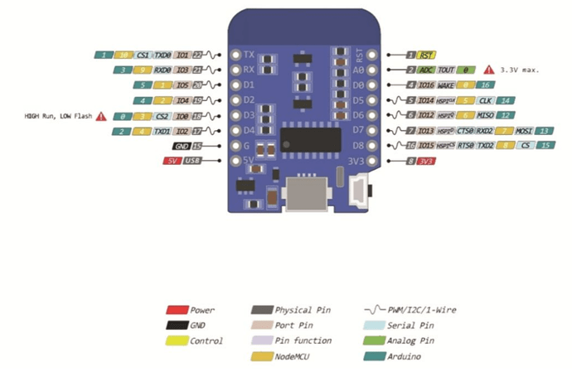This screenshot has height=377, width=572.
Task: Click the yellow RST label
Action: tap(426, 55)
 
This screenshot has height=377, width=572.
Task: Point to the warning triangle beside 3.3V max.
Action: tap(489, 70)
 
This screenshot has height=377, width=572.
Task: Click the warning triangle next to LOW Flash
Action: tap(101, 116)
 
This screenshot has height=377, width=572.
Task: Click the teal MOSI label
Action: tap(523, 130)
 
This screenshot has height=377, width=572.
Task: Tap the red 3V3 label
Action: tap(427, 161)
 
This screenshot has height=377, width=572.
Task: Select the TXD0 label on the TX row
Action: tap(162, 55)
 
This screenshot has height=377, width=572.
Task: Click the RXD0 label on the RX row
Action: tap(162, 70)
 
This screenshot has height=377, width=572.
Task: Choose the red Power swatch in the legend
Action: tap(175, 310)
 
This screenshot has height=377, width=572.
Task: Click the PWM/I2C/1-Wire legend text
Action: tap(422, 310)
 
